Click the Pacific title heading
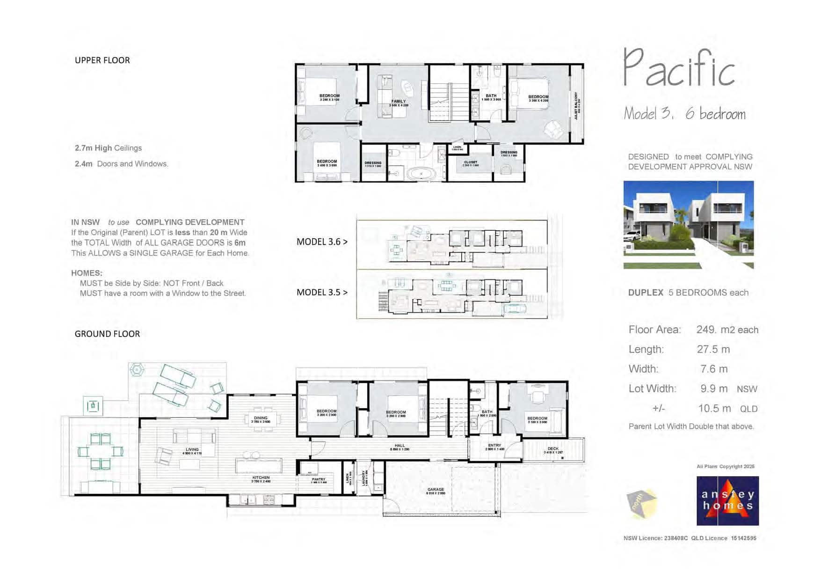[679, 69]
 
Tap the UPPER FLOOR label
[102, 60]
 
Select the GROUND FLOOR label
[107, 334]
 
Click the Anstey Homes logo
[727, 500]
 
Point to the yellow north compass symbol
[641, 503]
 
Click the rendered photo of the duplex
[688, 224]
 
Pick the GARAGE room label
[436, 490]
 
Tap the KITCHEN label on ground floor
[261, 478]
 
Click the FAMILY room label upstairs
[399, 102]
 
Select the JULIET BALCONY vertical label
[576, 105]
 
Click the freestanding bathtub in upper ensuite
[421, 174]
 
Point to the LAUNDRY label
[363, 478]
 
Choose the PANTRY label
[319, 479]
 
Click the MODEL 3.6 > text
[322, 242]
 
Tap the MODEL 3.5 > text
[322, 293]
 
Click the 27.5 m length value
[713, 349]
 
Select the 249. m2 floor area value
[727, 330]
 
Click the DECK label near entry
[553, 449]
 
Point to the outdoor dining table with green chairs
[100, 451]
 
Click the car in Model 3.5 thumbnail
[515, 309]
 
